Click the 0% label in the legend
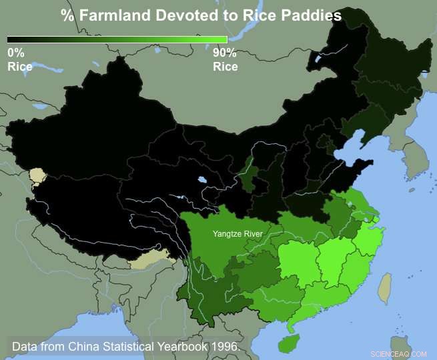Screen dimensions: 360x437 click(15, 52)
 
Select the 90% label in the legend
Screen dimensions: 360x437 click(224, 52)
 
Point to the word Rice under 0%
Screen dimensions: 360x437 click(20, 66)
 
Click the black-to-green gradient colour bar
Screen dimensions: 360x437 click(117, 39)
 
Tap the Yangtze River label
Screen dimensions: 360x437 click(238, 234)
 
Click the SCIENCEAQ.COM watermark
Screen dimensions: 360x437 click(398, 353)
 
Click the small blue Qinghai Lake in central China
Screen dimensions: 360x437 click(200, 179)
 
